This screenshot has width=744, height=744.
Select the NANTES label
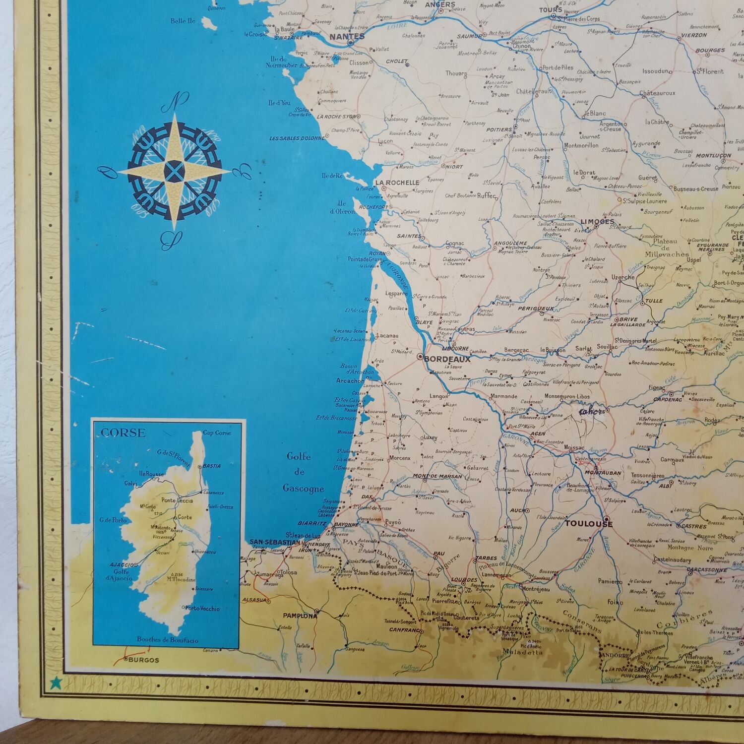(347, 36)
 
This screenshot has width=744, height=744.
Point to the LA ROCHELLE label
(397, 183)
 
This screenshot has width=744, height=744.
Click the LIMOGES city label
(597, 222)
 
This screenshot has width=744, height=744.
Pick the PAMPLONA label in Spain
(300, 616)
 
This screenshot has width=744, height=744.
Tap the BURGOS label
(144, 660)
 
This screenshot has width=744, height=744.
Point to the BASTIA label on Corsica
(212, 466)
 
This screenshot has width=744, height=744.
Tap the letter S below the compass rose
(169, 240)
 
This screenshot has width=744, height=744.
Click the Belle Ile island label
(183, 21)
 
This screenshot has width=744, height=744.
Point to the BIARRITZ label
(311, 523)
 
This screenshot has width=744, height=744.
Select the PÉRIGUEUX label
(536, 309)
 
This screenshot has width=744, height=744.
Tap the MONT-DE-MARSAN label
(437, 477)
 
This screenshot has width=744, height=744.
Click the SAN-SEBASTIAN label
(274, 542)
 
